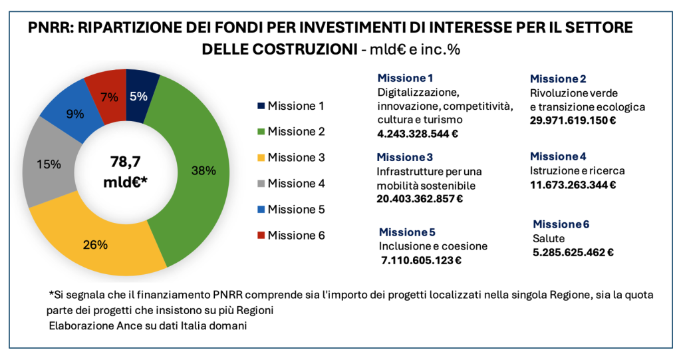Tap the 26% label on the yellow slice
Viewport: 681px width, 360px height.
pyautogui.click(x=96, y=245)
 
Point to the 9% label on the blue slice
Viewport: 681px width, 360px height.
pyautogui.click(x=75, y=114)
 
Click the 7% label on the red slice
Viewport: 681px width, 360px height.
pyautogui.click(x=109, y=96)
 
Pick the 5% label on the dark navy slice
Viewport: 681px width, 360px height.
pyautogui.click(x=138, y=96)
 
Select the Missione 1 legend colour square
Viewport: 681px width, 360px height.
pyautogui.click(x=260, y=106)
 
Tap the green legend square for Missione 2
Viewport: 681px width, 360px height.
pyautogui.click(x=260, y=132)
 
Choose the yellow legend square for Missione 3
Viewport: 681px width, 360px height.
pyautogui.click(x=260, y=158)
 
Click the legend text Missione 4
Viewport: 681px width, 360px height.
pyautogui.click(x=296, y=184)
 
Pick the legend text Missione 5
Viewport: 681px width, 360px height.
pyautogui.click(x=296, y=210)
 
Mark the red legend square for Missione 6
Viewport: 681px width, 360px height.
pyautogui.click(x=260, y=236)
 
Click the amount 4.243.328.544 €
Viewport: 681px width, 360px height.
pyautogui.click(x=418, y=133)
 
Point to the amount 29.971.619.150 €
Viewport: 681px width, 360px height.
pyautogui.click(x=573, y=120)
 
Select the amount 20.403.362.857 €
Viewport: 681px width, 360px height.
pyautogui.click(x=420, y=198)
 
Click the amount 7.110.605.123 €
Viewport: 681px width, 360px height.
pyautogui.click(x=422, y=260)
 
